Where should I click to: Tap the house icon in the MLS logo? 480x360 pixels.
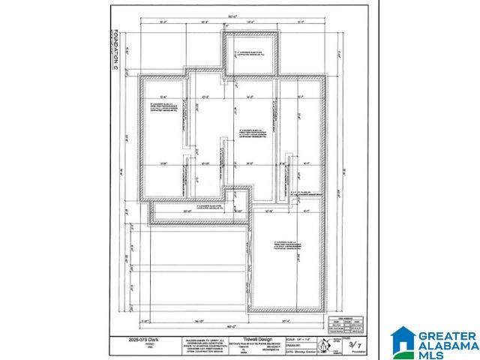tap(403, 340)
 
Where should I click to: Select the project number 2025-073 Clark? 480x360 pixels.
tap(136, 339)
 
